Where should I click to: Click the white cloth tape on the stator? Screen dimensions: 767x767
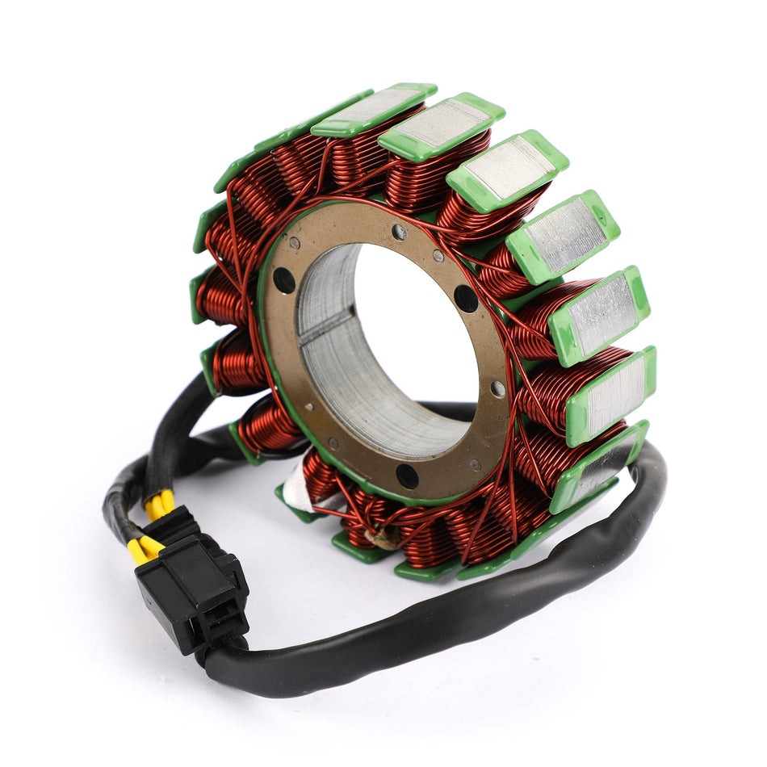299,499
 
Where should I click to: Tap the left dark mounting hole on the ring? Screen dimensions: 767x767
283,279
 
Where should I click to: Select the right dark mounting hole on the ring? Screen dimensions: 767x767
466,298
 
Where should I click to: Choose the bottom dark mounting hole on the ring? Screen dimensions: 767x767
408,476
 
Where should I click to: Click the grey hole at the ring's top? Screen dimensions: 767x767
399,233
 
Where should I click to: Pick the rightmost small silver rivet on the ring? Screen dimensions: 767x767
498,388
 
